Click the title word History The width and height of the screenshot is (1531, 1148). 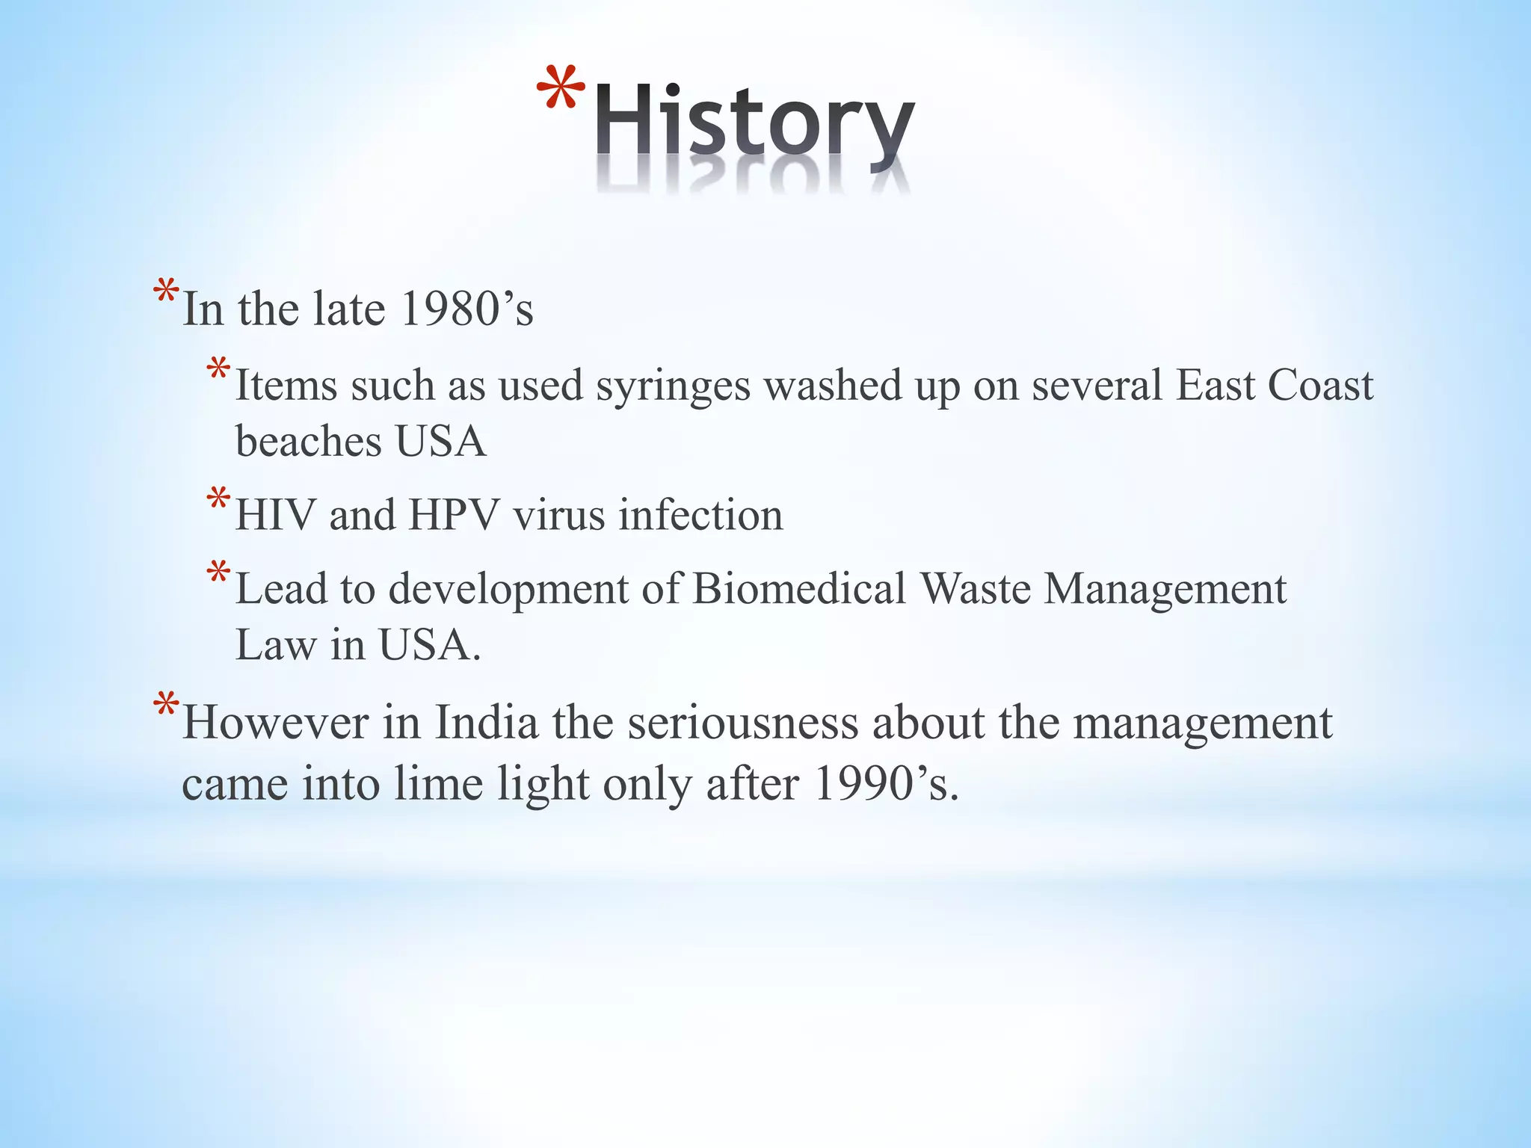click(755, 123)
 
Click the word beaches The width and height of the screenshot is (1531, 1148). click(309, 441)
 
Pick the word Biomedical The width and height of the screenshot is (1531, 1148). click(799, 588)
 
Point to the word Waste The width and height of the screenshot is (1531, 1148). click(975, 588)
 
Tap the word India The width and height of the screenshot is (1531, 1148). click(487, 723)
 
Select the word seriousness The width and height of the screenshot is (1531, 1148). click(743, 723)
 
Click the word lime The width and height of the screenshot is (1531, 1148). click(438, 784)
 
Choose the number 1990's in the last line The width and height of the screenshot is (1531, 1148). click(886, 784)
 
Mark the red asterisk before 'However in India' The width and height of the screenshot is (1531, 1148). click(165, 707)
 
